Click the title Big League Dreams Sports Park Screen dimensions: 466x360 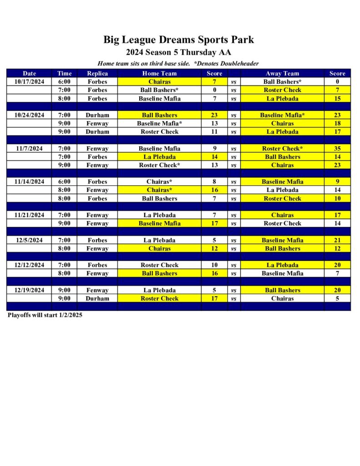pos(178,40)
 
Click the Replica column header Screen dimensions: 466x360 pos(97,73)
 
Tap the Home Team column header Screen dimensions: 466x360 pos(159,73)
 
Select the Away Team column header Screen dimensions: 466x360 pos(282,73)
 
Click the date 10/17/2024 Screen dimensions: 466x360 pos(29,81)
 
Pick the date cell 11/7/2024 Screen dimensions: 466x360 pos(29,148)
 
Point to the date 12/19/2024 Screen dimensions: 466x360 pos(29,290)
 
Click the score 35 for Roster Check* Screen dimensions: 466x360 pos(337,148)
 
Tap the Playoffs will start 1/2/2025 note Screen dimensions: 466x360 pos(45,315)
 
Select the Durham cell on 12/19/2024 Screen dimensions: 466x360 pos(97,299)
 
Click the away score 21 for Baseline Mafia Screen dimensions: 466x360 pos(337,240)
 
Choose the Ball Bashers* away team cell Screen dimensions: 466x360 pos(282,81)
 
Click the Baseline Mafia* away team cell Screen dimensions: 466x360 pos(282,115)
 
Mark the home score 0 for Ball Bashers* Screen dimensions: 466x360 pos(214,90)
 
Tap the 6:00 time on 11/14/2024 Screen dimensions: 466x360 pos(64,182)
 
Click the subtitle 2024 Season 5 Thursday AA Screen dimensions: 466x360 pos(178,52)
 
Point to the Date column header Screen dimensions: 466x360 pos(29,73)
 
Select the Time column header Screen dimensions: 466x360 pos(64,73)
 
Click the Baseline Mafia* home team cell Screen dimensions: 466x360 pos(159,123)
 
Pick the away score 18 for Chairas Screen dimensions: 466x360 pos(337,123)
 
